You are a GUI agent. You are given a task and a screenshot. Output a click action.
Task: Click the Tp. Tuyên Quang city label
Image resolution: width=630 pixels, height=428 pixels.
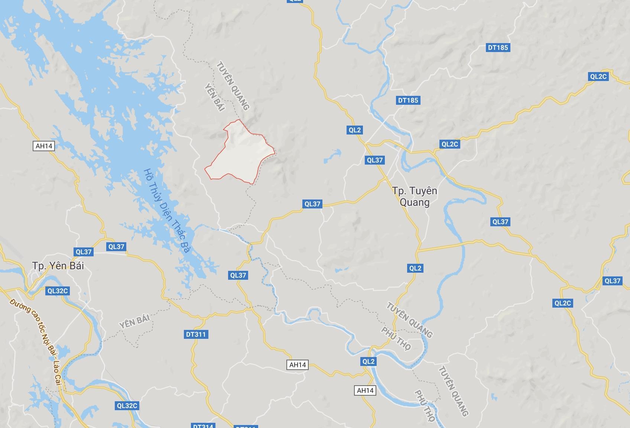tap(415, 197)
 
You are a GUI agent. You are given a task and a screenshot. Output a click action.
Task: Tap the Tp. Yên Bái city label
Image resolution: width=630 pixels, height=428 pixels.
tap(58, 266)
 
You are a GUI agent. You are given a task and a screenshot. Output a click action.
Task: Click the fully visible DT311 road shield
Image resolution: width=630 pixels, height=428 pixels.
tap(195, 334)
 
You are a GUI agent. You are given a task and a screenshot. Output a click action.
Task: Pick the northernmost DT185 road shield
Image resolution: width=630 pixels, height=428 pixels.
tap(497, 48)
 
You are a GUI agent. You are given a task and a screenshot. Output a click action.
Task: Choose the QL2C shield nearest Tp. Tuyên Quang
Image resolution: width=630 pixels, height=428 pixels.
tap(449, 144)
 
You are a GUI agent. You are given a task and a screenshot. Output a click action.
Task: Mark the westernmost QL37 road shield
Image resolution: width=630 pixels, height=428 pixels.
tap(84, 252)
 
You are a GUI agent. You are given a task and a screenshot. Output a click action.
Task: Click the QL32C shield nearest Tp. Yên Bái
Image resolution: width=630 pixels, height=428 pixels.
tap(58, 291)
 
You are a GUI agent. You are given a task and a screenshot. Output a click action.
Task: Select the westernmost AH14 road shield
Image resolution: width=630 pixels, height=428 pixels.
tap(44, 146)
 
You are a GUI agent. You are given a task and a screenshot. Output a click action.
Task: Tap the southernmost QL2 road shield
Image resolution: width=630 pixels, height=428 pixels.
tap(368, 361)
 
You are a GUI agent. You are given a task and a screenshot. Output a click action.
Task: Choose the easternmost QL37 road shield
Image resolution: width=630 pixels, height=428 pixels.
tap(612, 281)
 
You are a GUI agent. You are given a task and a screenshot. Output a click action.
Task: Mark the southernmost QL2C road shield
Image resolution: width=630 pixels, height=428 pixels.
tap(562, 303)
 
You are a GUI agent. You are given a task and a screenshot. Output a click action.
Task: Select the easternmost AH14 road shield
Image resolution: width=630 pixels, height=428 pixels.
tap(365, 390)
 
